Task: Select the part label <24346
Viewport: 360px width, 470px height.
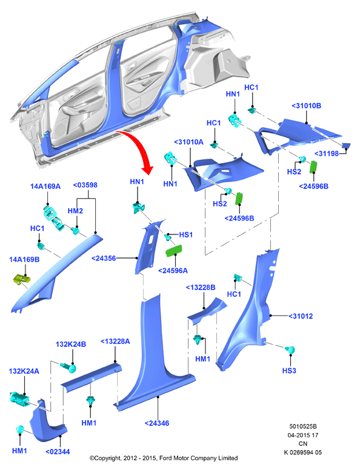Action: point(157,423)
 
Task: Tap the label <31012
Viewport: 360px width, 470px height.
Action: point(301,316)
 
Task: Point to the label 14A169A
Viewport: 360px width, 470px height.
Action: point(45,186)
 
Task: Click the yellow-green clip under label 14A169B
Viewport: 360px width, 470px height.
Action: point(22,279)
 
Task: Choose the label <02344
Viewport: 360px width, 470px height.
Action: point(58,451)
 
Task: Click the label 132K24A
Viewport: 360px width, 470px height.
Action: point(24,371)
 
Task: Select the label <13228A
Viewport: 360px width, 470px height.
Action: point(115,341)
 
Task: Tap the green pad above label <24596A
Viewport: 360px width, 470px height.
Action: point(174,251)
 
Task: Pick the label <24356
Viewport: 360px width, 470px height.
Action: point(104,258)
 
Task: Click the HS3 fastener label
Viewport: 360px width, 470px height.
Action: point(289,371)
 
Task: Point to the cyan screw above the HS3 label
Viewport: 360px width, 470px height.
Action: point(290,350)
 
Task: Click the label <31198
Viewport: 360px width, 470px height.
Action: point(327,153)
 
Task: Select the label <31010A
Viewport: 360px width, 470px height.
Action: point(188,142)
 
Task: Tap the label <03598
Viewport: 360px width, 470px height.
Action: point(85,185)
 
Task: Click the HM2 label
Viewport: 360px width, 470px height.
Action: point(75,211)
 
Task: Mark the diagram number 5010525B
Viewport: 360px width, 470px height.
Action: point(303,426)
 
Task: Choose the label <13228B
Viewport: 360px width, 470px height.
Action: point(201,287)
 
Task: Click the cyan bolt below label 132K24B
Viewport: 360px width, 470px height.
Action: point(68,367)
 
